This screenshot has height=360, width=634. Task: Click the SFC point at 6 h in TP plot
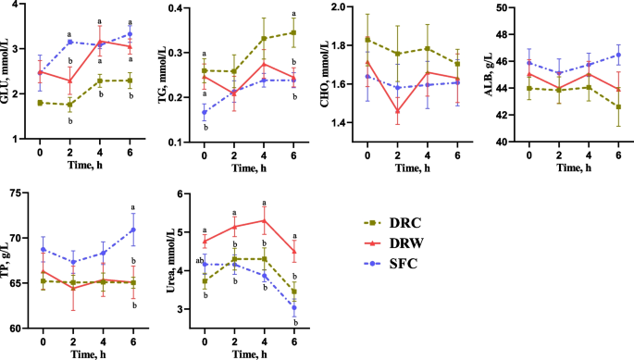(x=133, y=230)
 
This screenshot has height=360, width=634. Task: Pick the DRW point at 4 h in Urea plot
(x=266, y=220)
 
